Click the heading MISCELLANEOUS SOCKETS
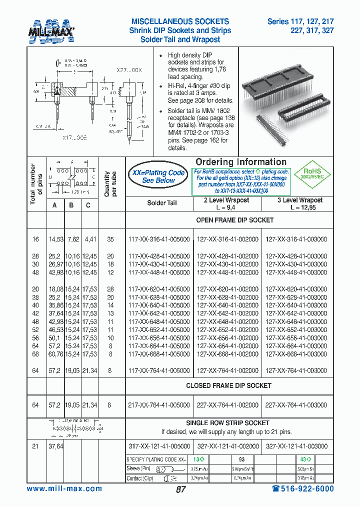(x=180, y=21)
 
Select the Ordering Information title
(x=241, y=162)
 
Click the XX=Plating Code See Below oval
(x=158, y=176)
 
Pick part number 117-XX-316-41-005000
(x=159, y=239)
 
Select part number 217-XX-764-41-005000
(x=159, y=405)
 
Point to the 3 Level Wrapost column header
(x=300, y=203)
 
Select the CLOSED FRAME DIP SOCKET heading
(x=228, y=385)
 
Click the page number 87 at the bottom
(x=180, y=490)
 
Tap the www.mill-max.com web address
(x=64, y=489)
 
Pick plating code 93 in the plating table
(x=241, y=459)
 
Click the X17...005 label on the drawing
(x=74, y=137)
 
